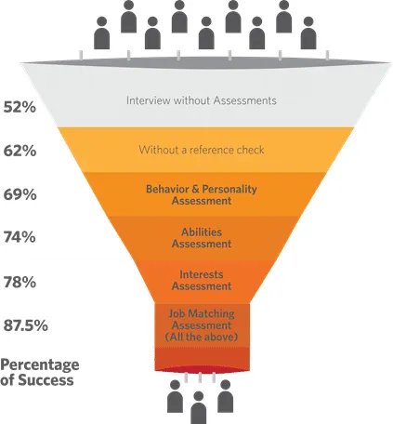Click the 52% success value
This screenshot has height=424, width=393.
tap(20, 107)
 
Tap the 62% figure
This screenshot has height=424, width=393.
tap(20, 151)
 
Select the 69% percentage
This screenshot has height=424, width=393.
tap(20, 194)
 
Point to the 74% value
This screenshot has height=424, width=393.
tap(20, 237)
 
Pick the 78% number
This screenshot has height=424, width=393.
tap(20, 283)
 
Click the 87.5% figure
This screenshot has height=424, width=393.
tap(25, 325)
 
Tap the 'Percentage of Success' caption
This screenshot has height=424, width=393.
tap(39, 372)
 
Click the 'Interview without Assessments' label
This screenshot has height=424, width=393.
tap(202, 100)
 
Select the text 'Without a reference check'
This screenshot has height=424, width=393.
tap(202, 150)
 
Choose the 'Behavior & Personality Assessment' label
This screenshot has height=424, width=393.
tap(202, 194)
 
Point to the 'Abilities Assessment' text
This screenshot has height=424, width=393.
tap(202, 238)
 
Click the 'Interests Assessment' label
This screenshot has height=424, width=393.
tap(202, 280)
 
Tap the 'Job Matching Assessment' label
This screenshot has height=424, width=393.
tap(202, 319)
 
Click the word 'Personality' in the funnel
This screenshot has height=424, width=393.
tap(229, 190)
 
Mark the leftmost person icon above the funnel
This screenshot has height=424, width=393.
tap(101, 33)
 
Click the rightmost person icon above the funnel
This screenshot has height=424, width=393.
tap(308, 33)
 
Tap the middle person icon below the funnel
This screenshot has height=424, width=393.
tap(198, 407)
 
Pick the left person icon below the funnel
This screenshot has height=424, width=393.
tap(175, 396)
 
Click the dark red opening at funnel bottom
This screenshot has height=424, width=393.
tap(202, 370)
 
